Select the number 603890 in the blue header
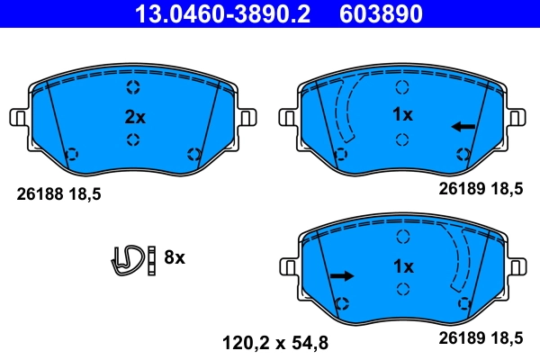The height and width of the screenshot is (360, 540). (379, 14)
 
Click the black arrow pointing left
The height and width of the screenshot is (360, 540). (463, 126)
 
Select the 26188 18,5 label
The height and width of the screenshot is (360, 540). (56, 192)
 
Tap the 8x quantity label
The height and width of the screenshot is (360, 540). (174, 257)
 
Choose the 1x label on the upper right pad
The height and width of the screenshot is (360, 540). (401, 115)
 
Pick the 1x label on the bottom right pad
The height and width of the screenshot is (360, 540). (401, 267)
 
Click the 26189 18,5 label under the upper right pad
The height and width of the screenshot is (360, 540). (480, 189)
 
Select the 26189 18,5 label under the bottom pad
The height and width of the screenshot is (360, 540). (480, 339)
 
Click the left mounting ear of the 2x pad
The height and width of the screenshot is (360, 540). (20, 117)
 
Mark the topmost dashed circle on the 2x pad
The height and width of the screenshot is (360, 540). (133, 87)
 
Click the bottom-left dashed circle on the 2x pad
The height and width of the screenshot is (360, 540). (73, 154)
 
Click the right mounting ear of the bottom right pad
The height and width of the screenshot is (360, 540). (516, 268)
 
